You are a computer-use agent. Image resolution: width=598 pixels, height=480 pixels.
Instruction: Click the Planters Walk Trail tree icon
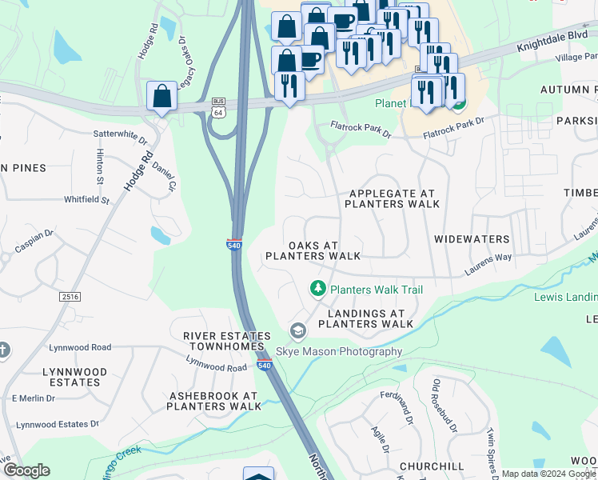318,288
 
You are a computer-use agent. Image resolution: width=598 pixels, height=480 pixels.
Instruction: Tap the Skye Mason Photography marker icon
297,331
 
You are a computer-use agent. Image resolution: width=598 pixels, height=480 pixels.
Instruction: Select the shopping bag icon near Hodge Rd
161,96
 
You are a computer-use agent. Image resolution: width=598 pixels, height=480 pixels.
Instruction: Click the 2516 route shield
70,297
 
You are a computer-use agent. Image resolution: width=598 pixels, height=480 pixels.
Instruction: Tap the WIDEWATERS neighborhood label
472,239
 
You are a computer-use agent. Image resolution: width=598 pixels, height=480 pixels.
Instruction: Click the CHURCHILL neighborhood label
433,466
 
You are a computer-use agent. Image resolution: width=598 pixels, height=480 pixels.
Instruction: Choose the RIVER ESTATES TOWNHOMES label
223,341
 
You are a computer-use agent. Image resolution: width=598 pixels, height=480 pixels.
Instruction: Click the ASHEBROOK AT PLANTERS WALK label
214,401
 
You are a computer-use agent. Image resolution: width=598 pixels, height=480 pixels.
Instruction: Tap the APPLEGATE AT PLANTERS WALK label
392,198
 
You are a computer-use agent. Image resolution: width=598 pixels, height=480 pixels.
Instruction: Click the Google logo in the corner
26,470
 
